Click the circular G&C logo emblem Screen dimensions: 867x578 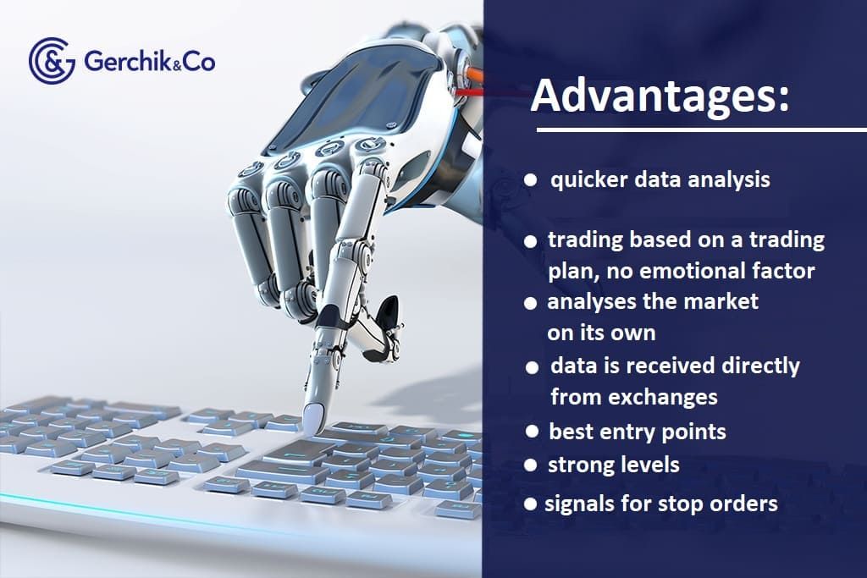[x=52, y=61]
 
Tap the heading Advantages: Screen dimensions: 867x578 [x=660, y=96]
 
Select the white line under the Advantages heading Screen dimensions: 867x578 [x=702, y=130]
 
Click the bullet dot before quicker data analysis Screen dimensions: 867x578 [x=530, y=180]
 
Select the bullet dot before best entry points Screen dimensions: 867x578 [x=532, y=432]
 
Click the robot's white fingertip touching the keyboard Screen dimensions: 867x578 [x=313, y=417]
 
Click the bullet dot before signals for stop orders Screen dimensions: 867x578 [x=530, y=504]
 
